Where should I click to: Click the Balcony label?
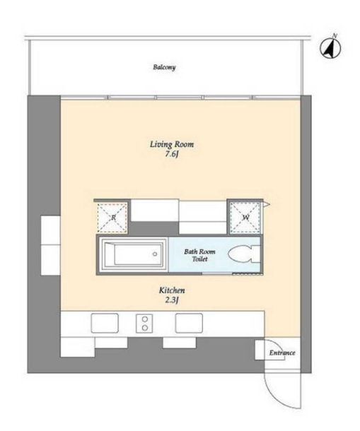(164, 67)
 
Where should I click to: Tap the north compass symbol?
(330, 49)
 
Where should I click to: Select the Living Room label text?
(172, 144)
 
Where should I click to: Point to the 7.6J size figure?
(172, 154)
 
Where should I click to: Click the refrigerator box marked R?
(112, 218)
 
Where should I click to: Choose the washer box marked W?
(245, 218)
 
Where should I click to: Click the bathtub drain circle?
(155, 254)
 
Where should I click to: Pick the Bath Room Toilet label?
(199, 255)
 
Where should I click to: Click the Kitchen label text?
(172, 290)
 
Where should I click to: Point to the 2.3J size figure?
(172, 300)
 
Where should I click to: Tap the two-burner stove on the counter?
(144, 324)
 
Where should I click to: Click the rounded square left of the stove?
(105, 324)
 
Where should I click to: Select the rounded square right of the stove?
(189, 324)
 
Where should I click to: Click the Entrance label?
(282, 353)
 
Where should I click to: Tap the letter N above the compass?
(335, 35)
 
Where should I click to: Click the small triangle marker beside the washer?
(267, 204)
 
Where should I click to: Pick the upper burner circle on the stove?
(145, 319)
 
